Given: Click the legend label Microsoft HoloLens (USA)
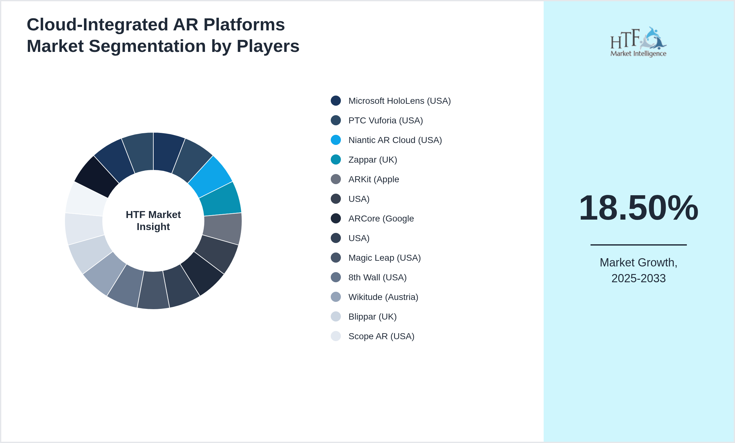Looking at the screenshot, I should (x=399, y=101).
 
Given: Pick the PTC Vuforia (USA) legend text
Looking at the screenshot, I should (x=385, y=121).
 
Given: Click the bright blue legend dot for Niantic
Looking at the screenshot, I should (x=336, y=140).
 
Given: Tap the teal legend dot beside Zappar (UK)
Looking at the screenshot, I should (x=336, y=159).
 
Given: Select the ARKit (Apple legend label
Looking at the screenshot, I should (x=373, y=179).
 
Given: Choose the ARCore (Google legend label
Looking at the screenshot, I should (x=381, y=219).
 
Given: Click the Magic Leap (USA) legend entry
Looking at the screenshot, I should (x=384, y=258).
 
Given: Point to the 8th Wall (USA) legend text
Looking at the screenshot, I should (x=377, y=278).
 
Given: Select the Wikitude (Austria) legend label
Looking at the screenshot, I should (x=383, y=297).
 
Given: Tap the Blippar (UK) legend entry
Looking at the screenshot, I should (x=372, y=317).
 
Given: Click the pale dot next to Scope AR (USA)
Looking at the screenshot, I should (x=336, y=336).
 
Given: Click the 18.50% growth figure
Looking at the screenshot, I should (x=638, y=208).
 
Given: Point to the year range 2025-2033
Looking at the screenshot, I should (x=638, y=278).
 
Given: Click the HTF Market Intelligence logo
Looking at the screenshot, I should (x=638, y=42).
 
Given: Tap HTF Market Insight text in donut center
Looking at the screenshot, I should (x=153, y=221).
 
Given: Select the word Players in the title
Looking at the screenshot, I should (x=268, y=46).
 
